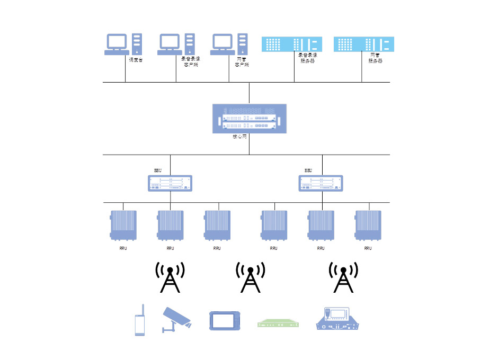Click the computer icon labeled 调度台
point(123,44)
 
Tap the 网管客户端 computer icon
point(229,44)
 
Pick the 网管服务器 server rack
point(364,44)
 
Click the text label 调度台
point(136,60)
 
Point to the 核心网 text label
point(240,136)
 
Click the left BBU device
point(170,183)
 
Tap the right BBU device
point(321,183)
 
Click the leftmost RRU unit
point(123,225)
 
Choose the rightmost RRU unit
point(368,225)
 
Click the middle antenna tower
point(250,277)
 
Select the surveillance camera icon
point(176,319)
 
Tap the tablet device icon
point(225,321)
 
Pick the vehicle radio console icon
point(341,319)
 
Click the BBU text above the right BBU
point(308,170)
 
